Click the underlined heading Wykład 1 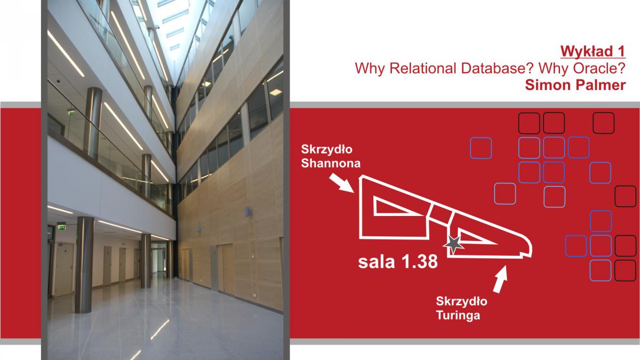coord(593,52)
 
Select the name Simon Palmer coord(575,85)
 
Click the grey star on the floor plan coord(453,244)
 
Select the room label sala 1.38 coord(398,262)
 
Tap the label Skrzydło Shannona coord(331,156)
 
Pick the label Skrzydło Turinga coord(461,308)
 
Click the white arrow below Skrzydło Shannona coord(342,183)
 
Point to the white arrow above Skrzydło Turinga coord(501,279)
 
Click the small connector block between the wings coord(442,214)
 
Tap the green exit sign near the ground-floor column coord(61,227)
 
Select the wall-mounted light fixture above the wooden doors coord(248,212)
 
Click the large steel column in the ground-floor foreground coord(84,265)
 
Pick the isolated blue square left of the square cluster coord(481,148)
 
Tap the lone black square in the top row coord(603,123)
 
